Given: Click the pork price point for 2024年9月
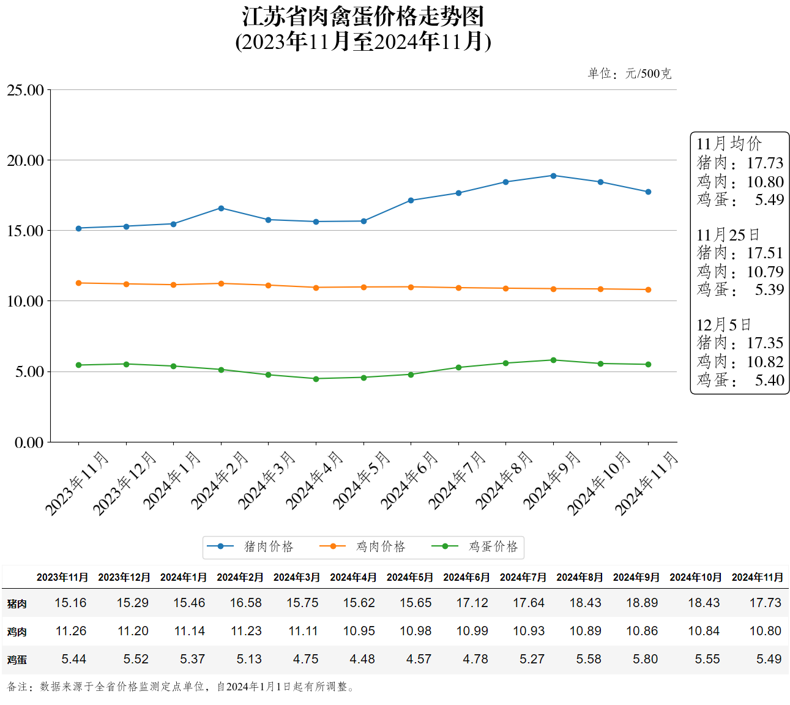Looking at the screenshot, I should click(x=553, y=176).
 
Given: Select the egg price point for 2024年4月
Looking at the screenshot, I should click(x=316, y=379).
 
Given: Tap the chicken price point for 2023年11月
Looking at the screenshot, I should click(x=78, y=283).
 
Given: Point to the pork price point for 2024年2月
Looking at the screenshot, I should click(x=221, y=208).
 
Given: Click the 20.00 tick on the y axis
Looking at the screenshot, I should click(x=26, y=160).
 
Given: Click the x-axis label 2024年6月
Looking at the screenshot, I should click(x=409, y=480).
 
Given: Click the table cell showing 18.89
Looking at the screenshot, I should click(x=642, y=603).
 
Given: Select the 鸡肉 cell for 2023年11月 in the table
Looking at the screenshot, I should click(x=71, y=631).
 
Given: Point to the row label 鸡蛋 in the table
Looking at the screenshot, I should click(x=17, y=660).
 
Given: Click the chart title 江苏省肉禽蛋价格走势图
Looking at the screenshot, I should click(x=363, y=17).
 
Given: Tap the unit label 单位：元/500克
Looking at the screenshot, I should click(x=629, y=73).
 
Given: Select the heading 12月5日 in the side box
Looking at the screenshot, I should click(x=723, y=324).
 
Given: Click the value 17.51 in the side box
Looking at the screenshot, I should click(x=765, y=253).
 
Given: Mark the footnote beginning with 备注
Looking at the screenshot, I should click(x=181, y=687).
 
